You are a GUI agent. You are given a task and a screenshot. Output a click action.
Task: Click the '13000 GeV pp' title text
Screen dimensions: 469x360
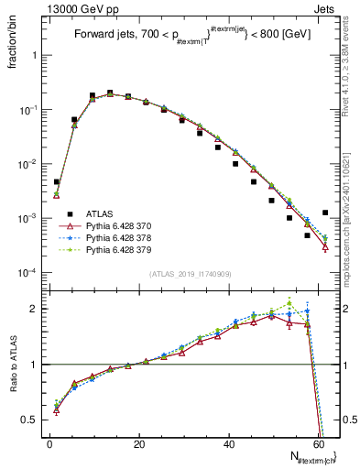(76, 7)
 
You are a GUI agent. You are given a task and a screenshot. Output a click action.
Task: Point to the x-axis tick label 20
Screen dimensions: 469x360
(139, 444)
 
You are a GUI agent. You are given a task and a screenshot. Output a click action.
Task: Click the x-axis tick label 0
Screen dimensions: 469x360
(49, 444)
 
